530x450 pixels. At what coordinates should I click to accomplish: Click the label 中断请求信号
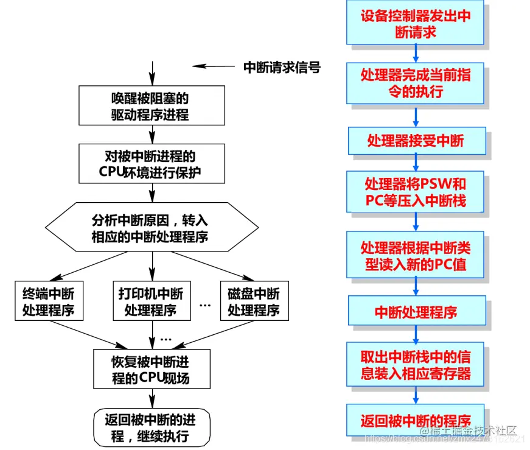click(282, 68)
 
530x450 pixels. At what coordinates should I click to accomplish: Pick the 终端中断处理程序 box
click(48, 301)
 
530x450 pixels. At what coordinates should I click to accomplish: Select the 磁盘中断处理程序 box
click(254, 301)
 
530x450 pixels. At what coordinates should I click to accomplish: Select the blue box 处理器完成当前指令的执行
click(416, 83)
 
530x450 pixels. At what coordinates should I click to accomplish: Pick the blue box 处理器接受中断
click(416, 141)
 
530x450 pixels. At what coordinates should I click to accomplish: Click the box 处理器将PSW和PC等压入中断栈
click(416, 191)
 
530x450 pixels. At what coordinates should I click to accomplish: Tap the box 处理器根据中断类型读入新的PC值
click(416, 256)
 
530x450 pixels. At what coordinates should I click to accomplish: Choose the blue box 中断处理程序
click(416, 312)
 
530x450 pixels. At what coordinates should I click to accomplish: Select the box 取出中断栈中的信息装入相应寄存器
click(416, 364)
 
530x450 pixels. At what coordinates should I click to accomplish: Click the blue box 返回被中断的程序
click(416, 420)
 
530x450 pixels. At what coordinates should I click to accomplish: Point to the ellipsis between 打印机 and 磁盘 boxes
click(205, 303)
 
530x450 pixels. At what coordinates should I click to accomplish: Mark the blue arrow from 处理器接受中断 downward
click(416, 162)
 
